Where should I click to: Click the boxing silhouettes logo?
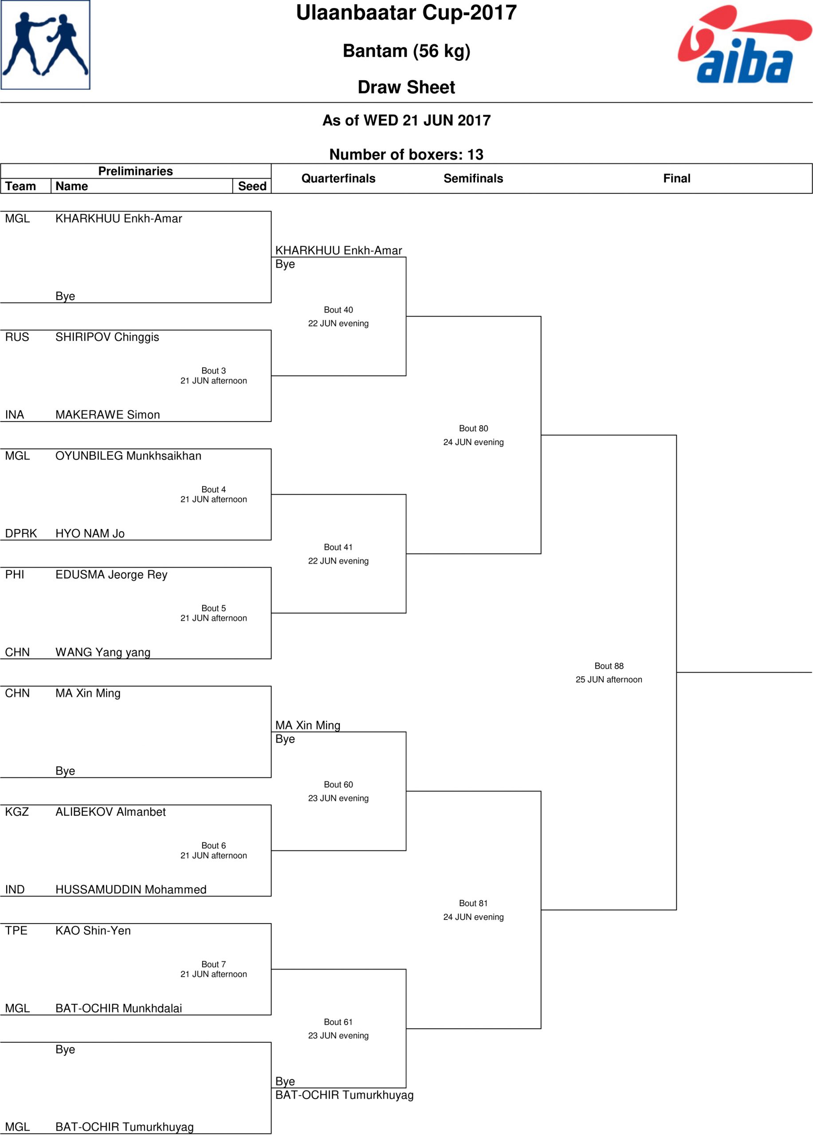(x=46, y=45)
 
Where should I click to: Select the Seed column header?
(x=252, y=186)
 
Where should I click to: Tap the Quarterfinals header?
(x=338, y=178)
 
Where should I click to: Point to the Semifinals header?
(x=473, y=178)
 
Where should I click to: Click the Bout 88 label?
(x=609, y=665)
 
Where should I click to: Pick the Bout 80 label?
(x=473, y=428)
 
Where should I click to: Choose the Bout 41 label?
(x=338, y=547)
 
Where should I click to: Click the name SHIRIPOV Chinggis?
(x=107, y=337)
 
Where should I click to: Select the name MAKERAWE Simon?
(x=108, y=415)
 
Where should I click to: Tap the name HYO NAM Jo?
(x=90, y=533)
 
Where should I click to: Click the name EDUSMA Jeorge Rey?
(x=111, y=575)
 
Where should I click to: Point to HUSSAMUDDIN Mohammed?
(x=131, y=889)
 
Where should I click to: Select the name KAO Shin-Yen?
(x=93, y=930)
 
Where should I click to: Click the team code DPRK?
(x=21, y=533)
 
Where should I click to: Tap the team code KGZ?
(x=17, y=812)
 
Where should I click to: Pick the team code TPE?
(x=16, y=930)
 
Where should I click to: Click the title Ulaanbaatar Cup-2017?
(x=406, y=12)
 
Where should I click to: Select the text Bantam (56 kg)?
(x=406, y=51)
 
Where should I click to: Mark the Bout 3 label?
(x=213, y=371)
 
